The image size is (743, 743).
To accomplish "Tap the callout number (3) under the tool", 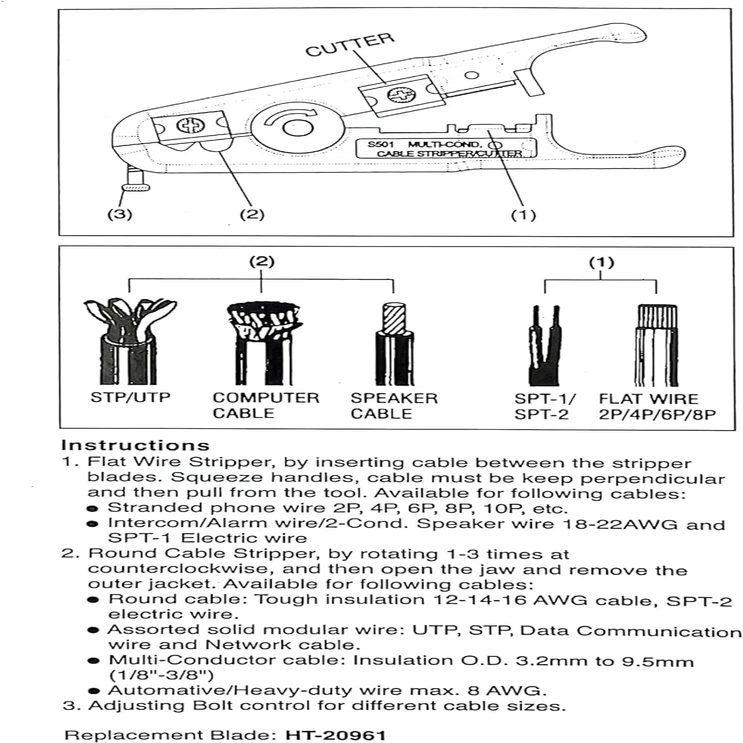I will coord(120,214).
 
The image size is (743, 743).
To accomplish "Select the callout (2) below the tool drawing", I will coord(252,214).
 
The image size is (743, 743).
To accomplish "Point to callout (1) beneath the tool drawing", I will coord(524,215).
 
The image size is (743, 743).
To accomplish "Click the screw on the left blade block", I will coord(189,126).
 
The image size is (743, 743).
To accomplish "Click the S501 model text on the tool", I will coord(380,145).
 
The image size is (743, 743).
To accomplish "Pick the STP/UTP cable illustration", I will coord(130,342).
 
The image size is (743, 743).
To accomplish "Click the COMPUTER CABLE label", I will coord(265,405).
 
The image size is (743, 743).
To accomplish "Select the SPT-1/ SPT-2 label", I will coord(544,406).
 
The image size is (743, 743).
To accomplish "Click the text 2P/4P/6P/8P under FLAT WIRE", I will coord(657,414).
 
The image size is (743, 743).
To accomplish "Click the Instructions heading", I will coord(135,445).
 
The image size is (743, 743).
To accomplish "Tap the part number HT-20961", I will coord(335,735).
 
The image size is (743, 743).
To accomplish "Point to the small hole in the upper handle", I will coord(473,75).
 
